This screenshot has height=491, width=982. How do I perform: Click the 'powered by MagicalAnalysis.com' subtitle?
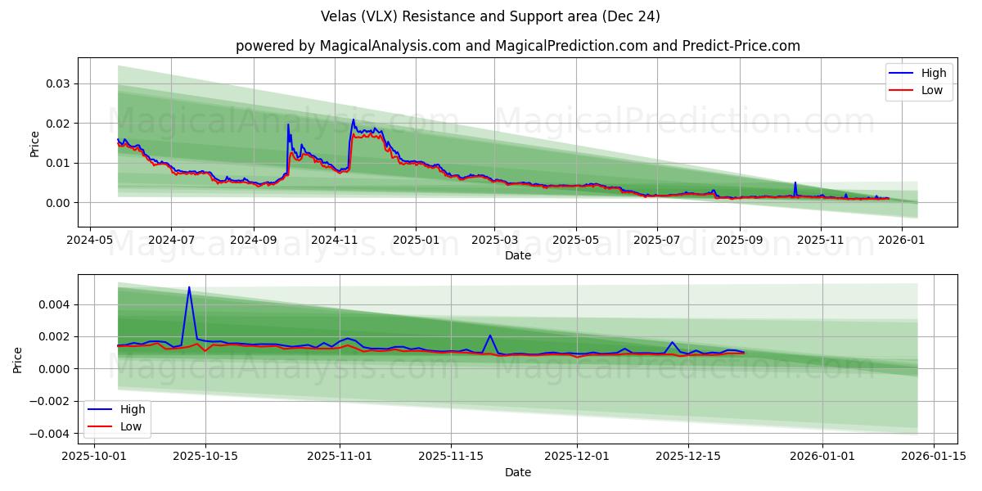point(517,46)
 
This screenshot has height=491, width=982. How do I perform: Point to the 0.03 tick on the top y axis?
point(56,83)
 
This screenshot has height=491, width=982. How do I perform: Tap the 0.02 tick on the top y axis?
point(56,124)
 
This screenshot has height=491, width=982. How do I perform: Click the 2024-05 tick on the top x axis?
point(89,241)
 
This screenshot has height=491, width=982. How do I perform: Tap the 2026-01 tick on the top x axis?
point(902,241)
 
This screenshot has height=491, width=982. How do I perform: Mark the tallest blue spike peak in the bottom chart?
point(189,287)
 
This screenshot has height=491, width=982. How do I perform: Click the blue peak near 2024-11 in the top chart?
point(354,119)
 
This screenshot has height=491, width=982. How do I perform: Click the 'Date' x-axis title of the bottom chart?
point(517,472)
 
